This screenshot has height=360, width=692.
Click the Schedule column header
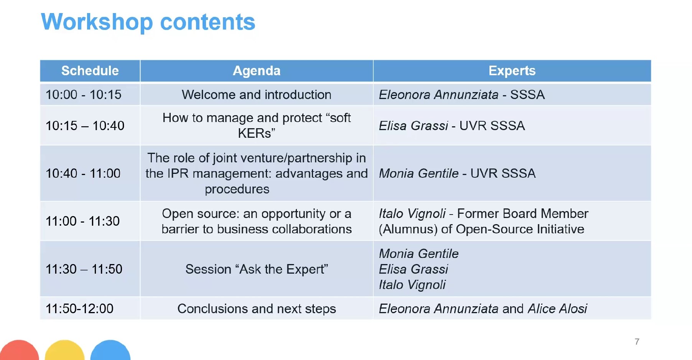tap(90, 71)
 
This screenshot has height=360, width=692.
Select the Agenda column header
tap(257, 71)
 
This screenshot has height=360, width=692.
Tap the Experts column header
tap(512, 71)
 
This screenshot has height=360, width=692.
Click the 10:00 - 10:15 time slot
tap(83, 94)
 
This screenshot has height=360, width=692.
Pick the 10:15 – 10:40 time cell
tap(85, 126)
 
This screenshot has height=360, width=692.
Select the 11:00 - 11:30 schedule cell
tap(82, 221)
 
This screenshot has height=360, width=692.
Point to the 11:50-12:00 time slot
tap(79, 309)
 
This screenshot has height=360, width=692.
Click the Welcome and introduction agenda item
tap(257, 94)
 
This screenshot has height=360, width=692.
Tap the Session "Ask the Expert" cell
tap(257, 269)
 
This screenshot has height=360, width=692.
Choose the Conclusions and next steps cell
tap(257, 309)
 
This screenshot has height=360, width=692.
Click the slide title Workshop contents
tap(148, 22)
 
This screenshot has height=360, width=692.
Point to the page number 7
tap(637, 342)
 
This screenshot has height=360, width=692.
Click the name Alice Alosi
tap(557, 309)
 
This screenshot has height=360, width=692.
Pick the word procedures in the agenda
tap(237, 189)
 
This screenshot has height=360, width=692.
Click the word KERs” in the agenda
tap(257, 133)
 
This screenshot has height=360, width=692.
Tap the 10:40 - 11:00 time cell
tap(83, 173)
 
